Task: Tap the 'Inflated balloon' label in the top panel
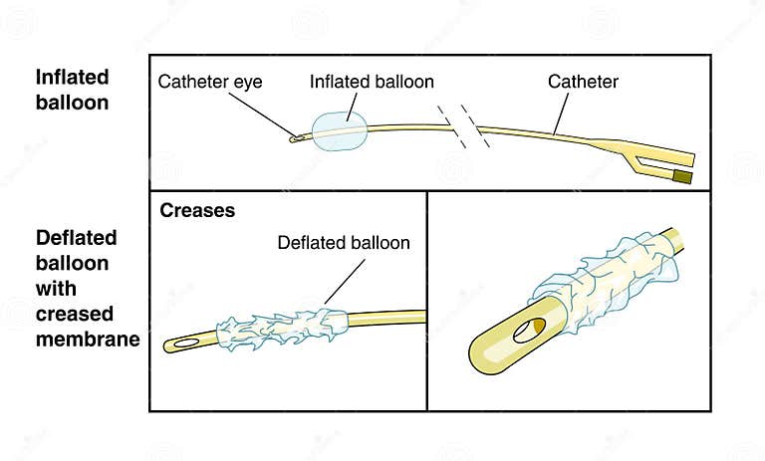(x=372, y=83)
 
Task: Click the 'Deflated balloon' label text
(x=344, y=242)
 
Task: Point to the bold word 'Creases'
(x=198, y=211)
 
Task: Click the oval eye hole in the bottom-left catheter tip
(x=184, y=344)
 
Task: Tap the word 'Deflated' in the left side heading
(x=76, y=238)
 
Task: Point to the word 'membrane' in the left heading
(x=86, y=340)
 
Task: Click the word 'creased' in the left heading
(x=74, y=315)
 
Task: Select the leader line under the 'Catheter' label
(x=565, y=115)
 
